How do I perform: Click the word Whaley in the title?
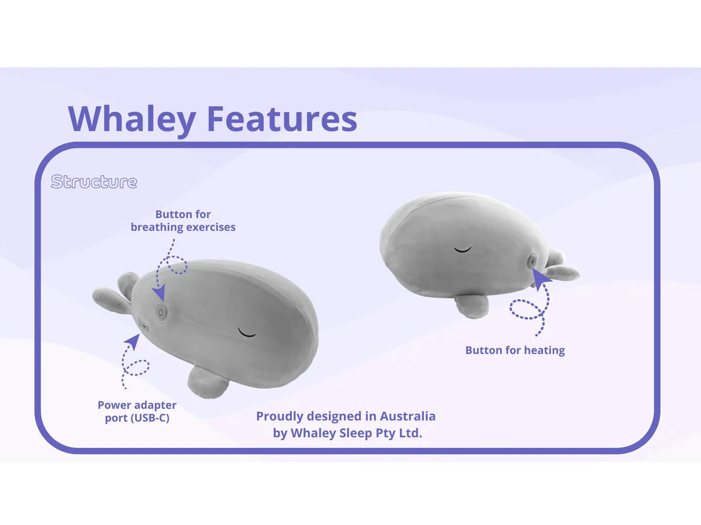(x=132, y=119)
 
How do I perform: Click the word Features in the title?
(x=281, y=119)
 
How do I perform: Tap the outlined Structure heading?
(x=94, y=182)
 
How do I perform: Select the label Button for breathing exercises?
(x=183, y=221)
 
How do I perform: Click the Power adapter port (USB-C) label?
(x=137, y=412)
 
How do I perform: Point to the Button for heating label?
(x=515, y=351)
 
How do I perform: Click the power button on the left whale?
(x=161, y=312)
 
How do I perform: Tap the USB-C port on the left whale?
(x=143, y=326)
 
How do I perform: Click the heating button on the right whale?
(x=531, y=261)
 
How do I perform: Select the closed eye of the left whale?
(x=247, y=333)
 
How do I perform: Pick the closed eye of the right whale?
(x=462, y=250)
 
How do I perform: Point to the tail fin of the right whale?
(x=561, y=268)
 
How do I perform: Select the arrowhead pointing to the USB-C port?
(x=133, y=341)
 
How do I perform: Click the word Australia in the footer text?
(x=407, y=416)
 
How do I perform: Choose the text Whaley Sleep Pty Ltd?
(x=356, y=433)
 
